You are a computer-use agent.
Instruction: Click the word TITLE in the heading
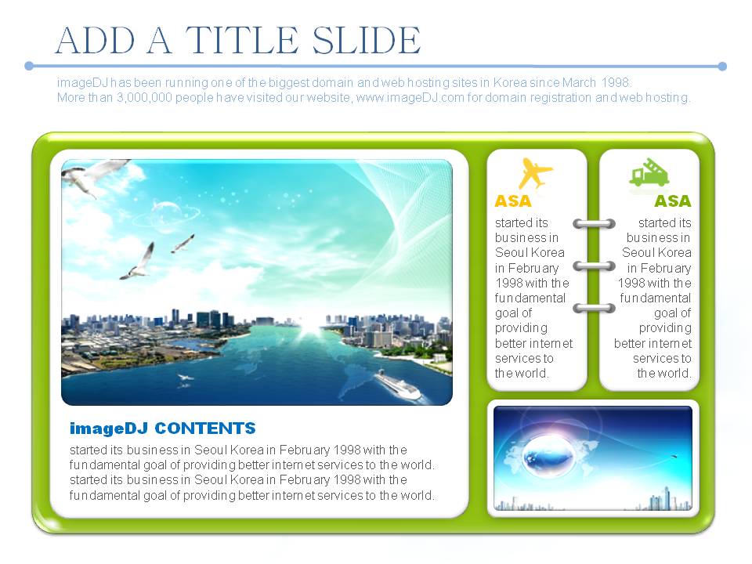pos(242,40)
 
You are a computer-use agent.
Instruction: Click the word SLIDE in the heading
pos(366,40)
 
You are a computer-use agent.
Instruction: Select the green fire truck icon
pos(649,172)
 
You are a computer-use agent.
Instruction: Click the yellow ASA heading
pos(512,201)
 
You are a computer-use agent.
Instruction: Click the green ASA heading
pos(673,201)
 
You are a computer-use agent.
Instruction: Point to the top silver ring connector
pos(594,223)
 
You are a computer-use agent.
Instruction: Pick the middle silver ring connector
pos(594,266)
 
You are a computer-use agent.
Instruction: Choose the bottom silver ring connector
pos(594,308)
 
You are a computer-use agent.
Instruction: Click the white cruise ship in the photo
pos(398,385)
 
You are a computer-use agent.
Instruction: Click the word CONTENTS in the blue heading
pos(205,428)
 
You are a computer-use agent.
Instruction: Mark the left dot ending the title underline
pos(29,66)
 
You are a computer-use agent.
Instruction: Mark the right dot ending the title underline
pos(722,66)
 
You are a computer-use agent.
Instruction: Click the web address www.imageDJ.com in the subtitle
pos(410,98)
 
